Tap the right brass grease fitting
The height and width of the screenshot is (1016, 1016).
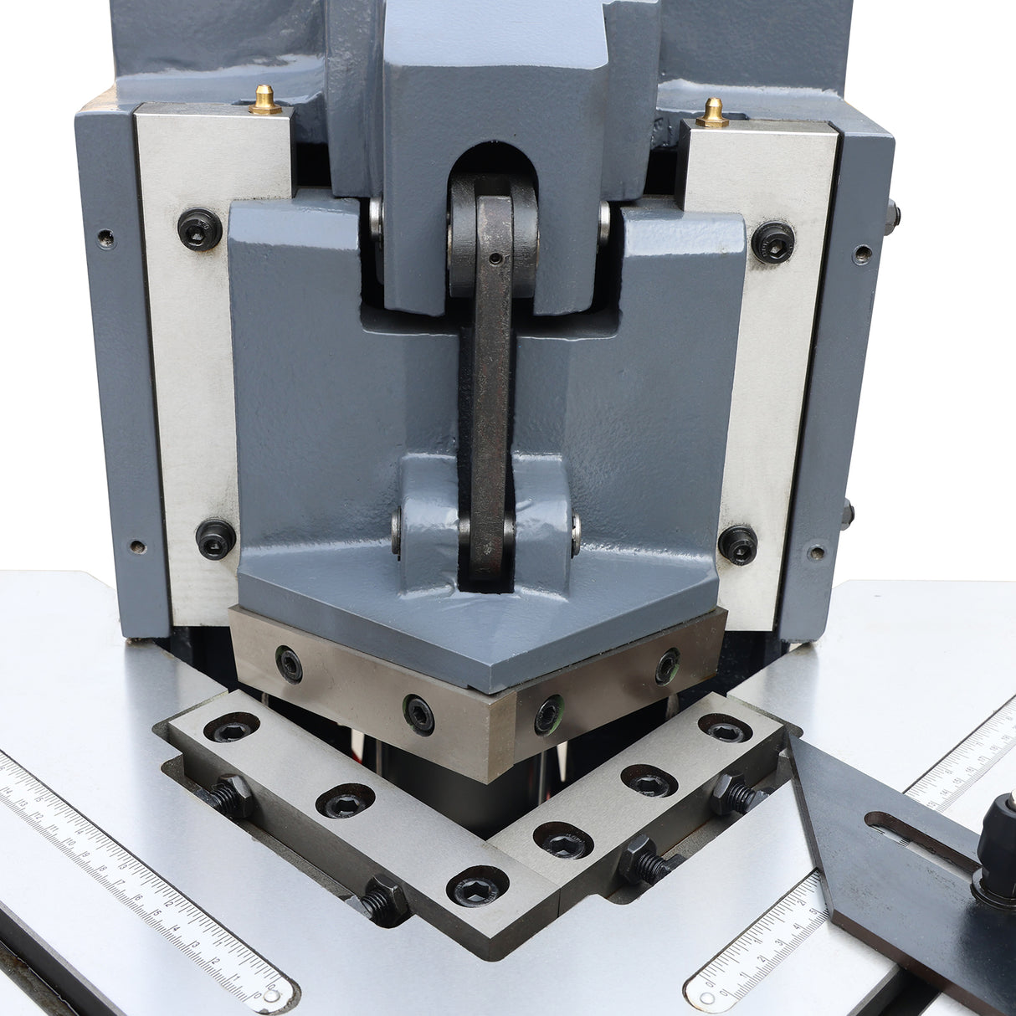[713, 112]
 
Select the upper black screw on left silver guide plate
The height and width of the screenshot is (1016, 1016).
[200, 228]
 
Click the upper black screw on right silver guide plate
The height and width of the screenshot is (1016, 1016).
[772, 241]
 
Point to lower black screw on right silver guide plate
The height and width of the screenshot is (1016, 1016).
[737, 544]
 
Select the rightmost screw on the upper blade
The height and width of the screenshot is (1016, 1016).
[667, 665]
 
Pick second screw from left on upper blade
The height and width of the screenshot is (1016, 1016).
[418, 715]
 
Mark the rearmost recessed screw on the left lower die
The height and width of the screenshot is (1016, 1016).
[230, 728]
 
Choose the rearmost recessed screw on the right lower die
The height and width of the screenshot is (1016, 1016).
[724, 728]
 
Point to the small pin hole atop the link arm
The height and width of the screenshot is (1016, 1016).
[496, 259]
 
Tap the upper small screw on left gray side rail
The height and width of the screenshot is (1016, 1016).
[105, 238]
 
